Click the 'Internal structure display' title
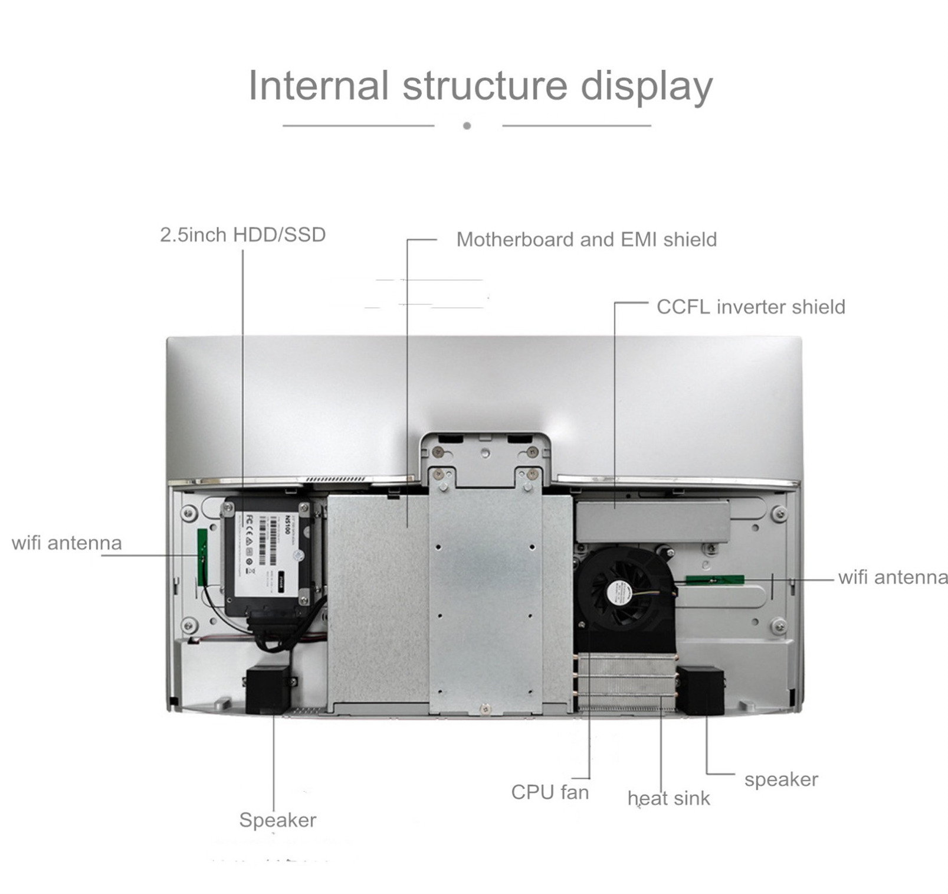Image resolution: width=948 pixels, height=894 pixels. point(480,86)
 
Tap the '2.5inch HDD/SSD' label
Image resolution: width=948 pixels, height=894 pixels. point(242,235)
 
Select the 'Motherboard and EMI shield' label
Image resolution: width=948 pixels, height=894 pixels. point(586,240)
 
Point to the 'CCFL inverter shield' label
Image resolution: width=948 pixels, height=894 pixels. point(750,307)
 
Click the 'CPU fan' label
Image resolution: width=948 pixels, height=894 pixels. point(550,792)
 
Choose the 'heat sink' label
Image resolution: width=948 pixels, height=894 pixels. point(668,798)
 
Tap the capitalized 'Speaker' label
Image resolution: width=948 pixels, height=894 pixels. point(277,820)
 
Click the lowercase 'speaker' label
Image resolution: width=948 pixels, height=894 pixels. point(781,779)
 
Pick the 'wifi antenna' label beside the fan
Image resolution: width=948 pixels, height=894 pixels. point(893,577)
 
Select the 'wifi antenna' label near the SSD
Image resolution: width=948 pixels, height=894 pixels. point(67,543)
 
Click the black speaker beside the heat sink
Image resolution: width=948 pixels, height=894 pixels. point(700,690)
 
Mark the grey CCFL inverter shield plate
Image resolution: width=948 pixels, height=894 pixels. point(652,521)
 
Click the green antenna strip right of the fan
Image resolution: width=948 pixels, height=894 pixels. point(714,579)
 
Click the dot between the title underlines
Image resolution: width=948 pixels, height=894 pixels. point(467,126)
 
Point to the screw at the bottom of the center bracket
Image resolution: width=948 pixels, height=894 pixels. point(484,709)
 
